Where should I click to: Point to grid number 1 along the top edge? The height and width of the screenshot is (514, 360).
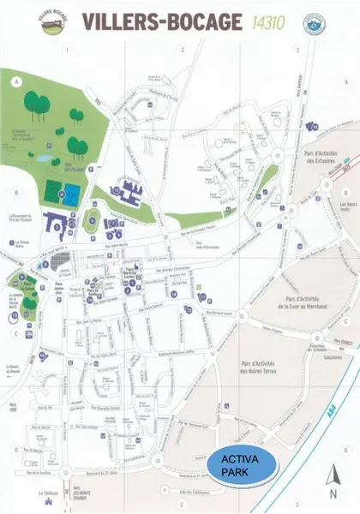pos(67,51)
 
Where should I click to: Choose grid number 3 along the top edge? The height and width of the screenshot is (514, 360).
pos(296,51)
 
